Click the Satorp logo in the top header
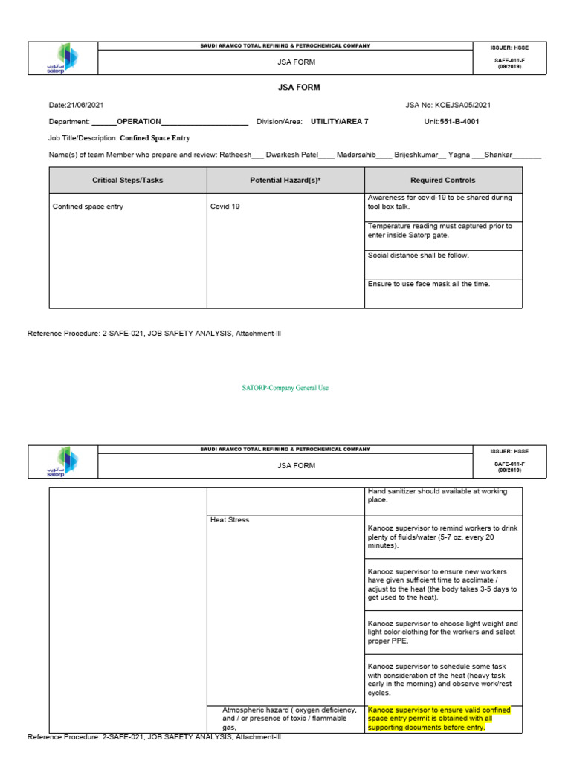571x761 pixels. [x=62, y=59]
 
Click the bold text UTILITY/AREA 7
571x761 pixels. [x=339, y=121]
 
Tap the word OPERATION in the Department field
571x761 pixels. [x=139, y=121]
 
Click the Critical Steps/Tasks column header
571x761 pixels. [x=127, y=181]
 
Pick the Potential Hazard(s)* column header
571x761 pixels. [x=285, y=181]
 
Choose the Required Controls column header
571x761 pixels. [x=443, y=181]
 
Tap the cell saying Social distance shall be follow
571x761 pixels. [x=419, y=256]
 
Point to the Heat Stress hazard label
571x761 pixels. [x=230, y=520]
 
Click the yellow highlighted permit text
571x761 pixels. [x=439, y=719]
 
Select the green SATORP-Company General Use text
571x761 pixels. [x=285, y=388]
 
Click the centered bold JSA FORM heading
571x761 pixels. [x=299, y=88]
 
